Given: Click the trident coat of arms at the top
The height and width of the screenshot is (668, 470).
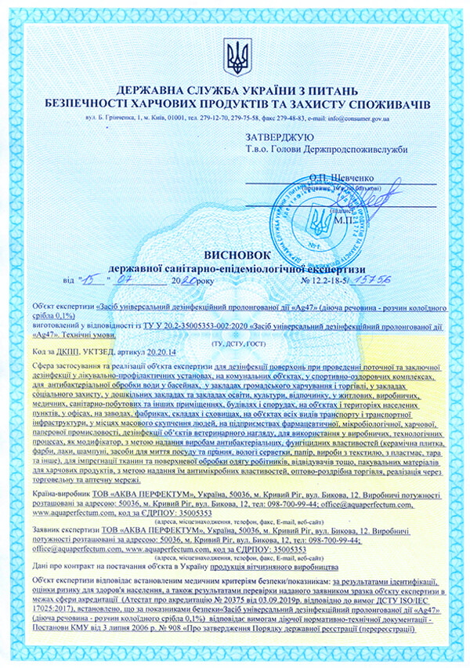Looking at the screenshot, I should coord(234,57).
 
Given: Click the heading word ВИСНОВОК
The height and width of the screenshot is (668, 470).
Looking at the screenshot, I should coord(234,256).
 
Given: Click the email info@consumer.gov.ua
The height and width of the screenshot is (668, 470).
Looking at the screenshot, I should coord(359,118).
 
